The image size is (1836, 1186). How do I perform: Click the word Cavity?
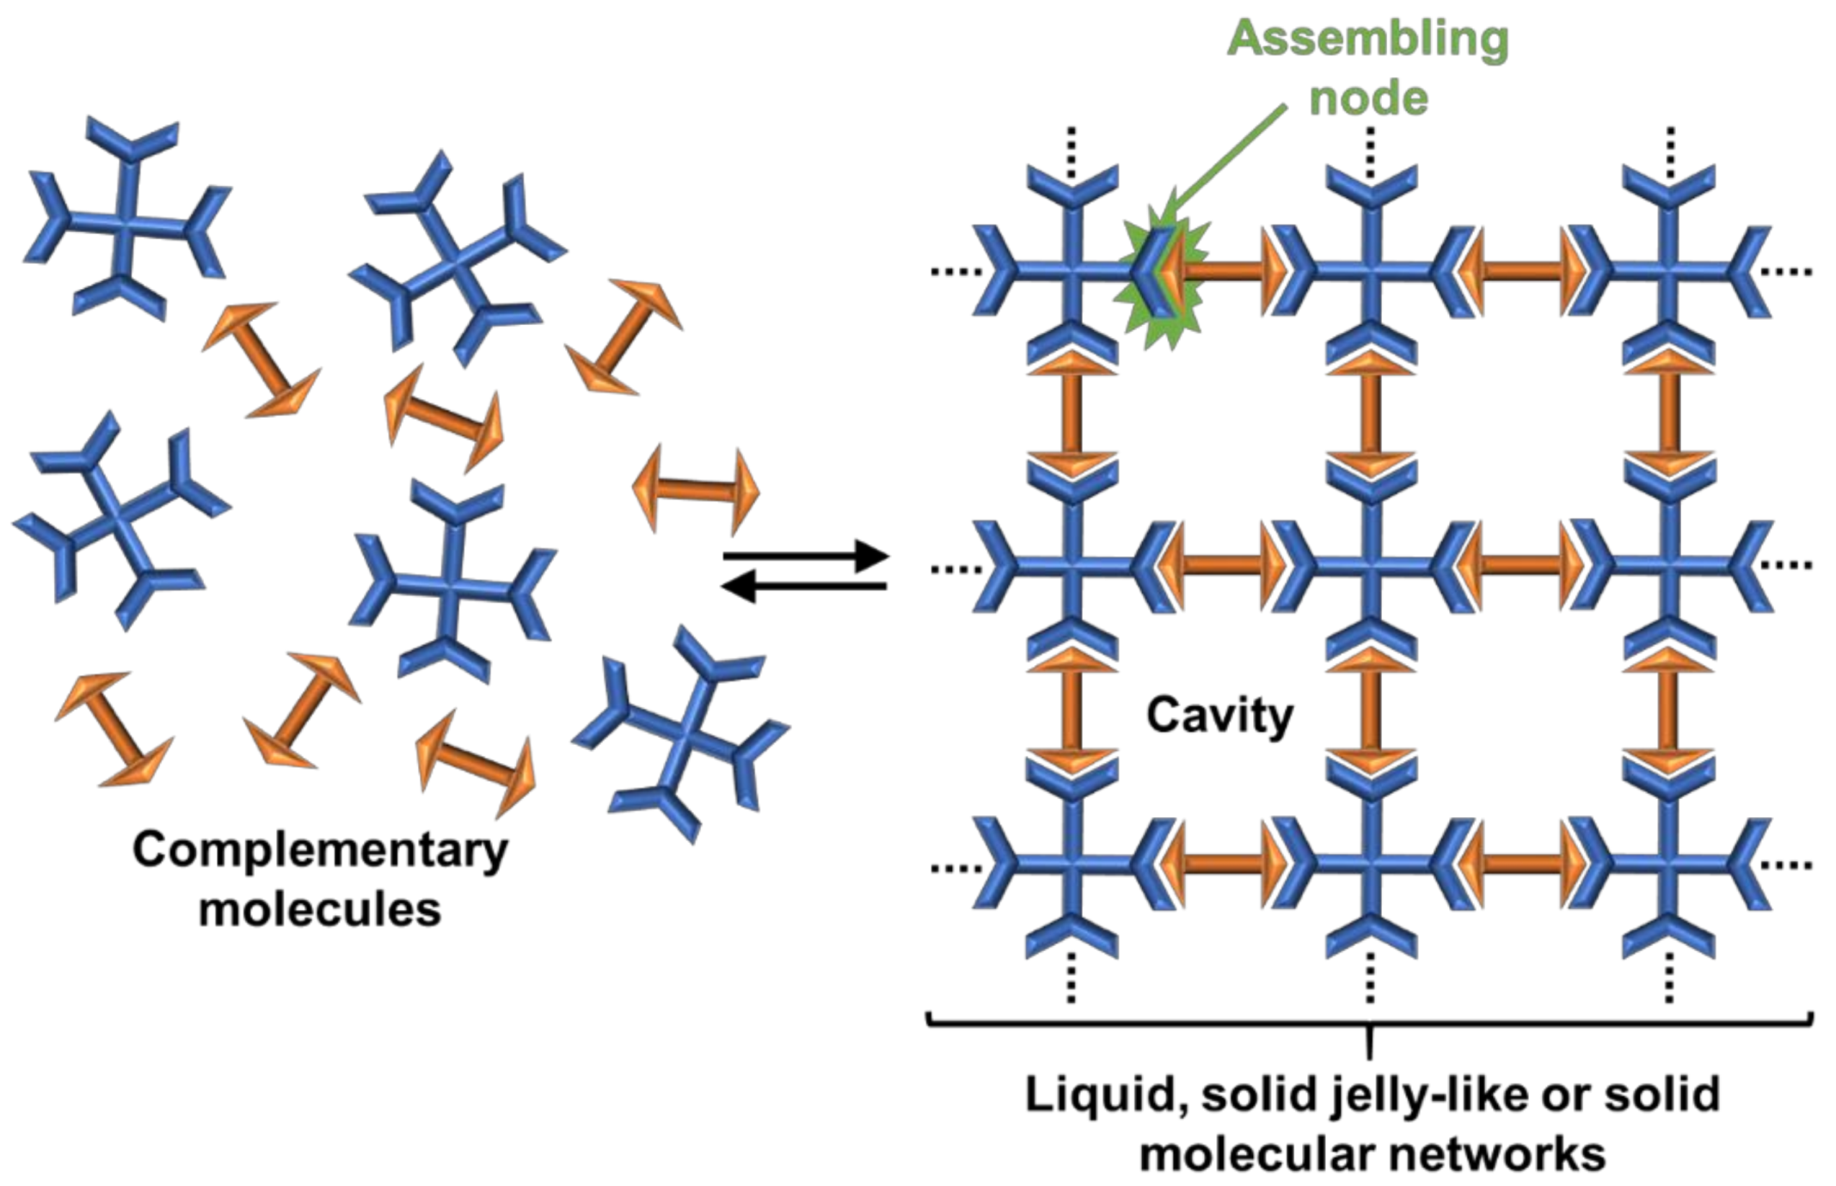tap(1219, 716)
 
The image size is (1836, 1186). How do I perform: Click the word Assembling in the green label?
tap(1366, 39)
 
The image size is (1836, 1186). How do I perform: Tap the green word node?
tap(1368, 97)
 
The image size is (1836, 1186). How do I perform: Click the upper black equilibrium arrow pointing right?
tap(805, 556)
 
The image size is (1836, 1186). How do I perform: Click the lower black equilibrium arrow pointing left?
tap(805, 587)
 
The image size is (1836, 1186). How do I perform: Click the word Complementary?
tap(320, 850)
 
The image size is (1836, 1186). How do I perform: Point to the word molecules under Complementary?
tap(320, 909)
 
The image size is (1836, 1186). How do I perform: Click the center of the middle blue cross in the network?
tap(1371, 565)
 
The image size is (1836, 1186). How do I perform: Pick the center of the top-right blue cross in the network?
tap(1668, 271)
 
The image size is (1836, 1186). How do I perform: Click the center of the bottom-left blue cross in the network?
tap(1072, 863)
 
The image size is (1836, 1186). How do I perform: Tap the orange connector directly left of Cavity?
tap(1072, 714)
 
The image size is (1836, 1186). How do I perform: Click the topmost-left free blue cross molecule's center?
tap(127, 222)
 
